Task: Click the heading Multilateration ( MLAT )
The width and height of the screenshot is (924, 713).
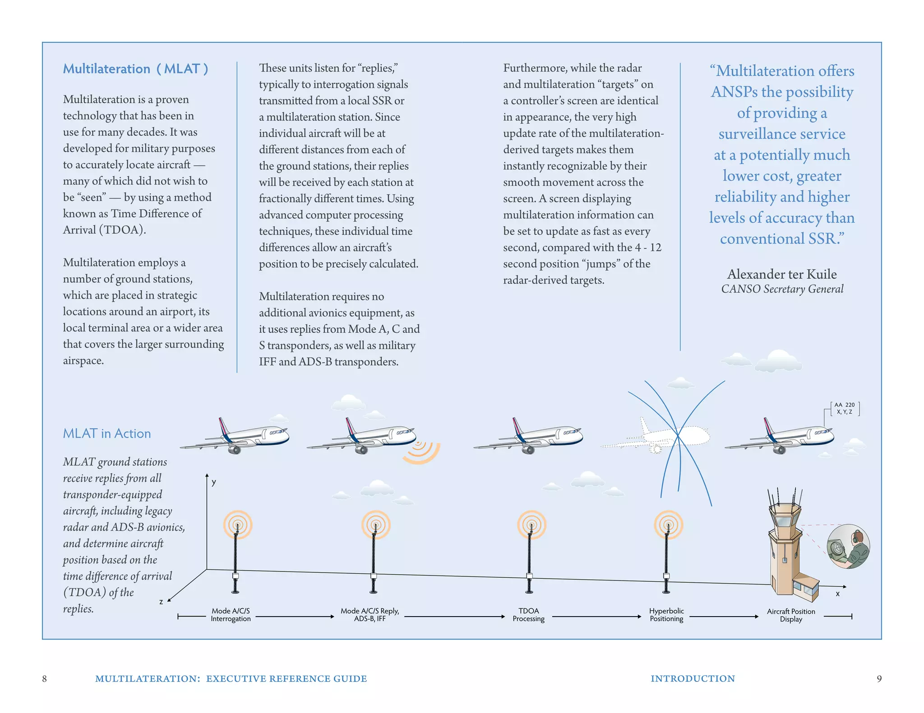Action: click(x=135, y=69)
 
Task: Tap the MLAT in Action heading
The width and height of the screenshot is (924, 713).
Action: click(x=107, y=434)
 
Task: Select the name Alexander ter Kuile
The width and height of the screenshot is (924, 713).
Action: click(x=781, y=274)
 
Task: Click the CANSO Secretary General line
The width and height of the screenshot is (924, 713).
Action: click(x=782, y=289)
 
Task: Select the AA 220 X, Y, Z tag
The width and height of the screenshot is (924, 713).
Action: click(x=845, y=408)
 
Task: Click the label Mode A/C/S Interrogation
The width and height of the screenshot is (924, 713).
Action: click(x=231, y=615)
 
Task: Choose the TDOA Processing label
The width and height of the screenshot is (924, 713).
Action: click(x=528, y=615)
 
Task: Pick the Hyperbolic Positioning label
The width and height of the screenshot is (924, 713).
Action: click(x=666, y=615)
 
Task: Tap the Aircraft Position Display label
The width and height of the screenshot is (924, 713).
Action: click(x=791, y=615)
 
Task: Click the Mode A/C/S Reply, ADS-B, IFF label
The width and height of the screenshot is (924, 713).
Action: click(x=370, y=615)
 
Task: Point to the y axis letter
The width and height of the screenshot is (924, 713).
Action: click(x=214, y=482)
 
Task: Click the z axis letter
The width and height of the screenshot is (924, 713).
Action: click(x=161, y=602)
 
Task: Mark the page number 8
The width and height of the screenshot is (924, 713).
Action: click(x=44, y=679)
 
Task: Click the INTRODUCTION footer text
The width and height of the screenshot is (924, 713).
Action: click(x=693, y=679)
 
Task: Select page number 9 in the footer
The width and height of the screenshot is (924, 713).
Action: click(x=879, y=679)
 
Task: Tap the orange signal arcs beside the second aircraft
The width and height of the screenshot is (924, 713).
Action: click(x=420, y=452)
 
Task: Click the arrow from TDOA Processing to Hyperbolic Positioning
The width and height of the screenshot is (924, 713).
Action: click(x=596, y=617)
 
